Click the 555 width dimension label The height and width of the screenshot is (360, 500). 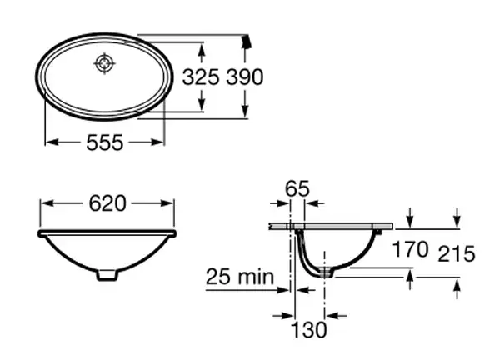(105, 142)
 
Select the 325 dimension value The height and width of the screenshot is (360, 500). (201, 77)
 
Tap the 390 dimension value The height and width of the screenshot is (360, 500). (244, 77)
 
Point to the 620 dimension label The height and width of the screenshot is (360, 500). (107, 203)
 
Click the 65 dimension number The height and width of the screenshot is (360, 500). (297, 188)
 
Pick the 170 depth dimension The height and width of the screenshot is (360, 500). (410, 249)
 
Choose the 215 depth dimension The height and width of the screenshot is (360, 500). (457, 254)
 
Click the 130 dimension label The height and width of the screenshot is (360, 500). (309, 329)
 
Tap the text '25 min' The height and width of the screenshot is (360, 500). (240, 277)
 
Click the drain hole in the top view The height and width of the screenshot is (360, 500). (104, 63)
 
